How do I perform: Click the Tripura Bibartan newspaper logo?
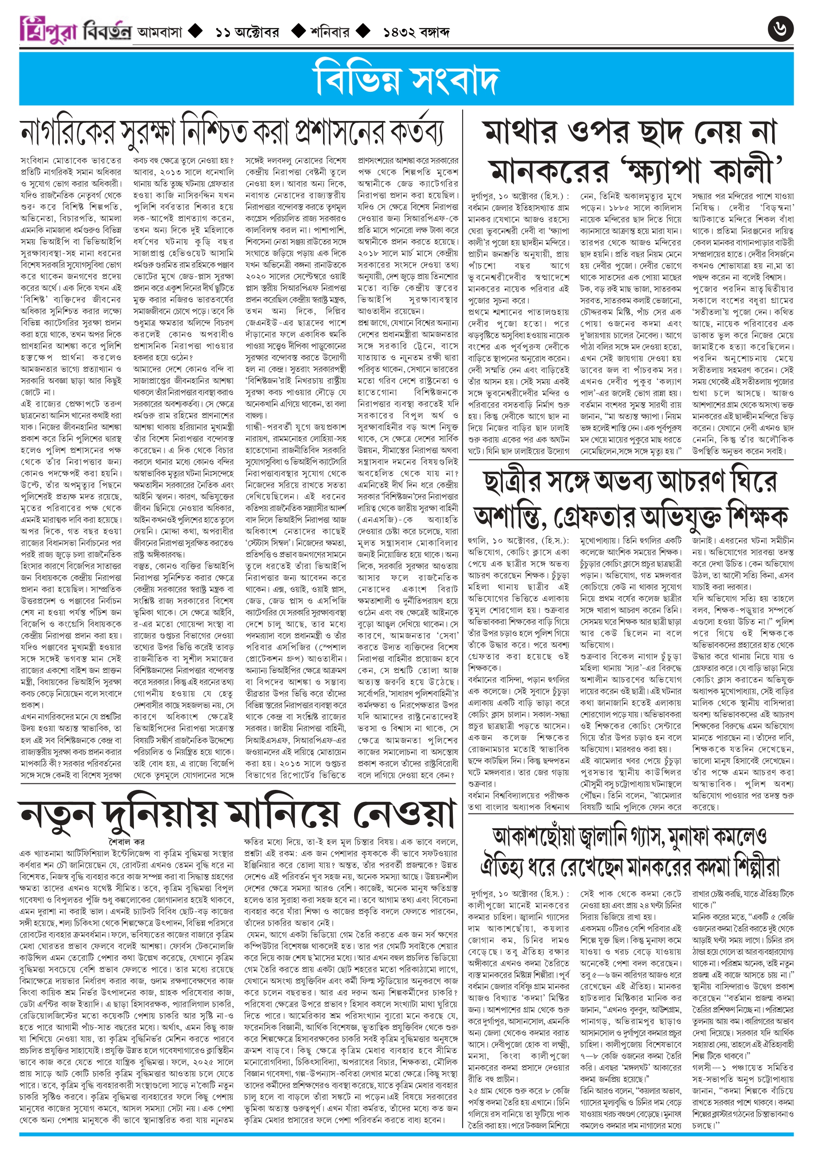[x=75, y=31]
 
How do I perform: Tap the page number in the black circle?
[x=781, y=30]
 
